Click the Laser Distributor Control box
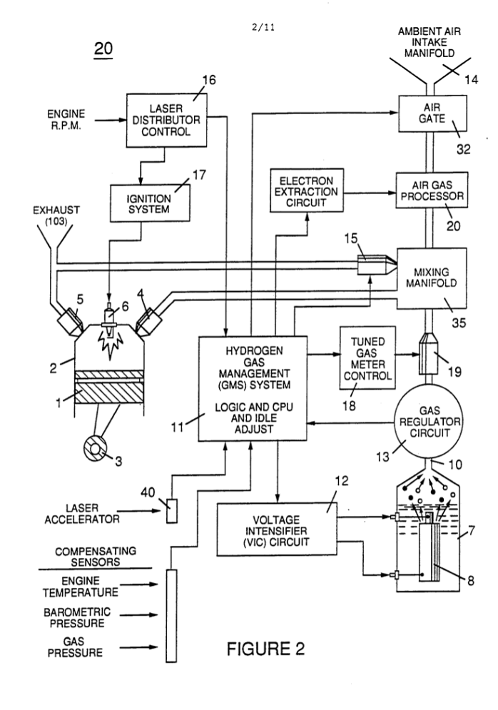point(167,120)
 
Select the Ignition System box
point(150,203)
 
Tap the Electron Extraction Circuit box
point(307,191)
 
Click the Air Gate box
point(432,113)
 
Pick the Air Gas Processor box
point(432,191)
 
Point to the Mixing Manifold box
point(432,278)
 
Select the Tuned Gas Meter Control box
point(367,357)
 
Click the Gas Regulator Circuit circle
point(430,422)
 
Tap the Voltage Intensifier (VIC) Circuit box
point(277,529)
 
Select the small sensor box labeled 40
point(171,511)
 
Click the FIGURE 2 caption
point(265,649)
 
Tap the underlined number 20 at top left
point(103,49)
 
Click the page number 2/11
point(263,27)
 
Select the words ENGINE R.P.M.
point(66,120)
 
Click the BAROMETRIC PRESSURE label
point(77,618)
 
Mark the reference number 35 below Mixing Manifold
point(459,323)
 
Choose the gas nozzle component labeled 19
point(428,353)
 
